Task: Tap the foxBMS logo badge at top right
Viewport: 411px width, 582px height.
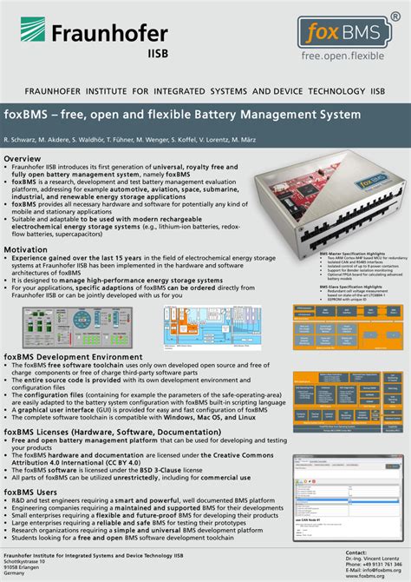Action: [x=342, y=33]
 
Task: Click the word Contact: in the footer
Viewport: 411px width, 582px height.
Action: [x=356, y=552]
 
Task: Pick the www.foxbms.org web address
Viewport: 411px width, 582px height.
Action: [x=366, y=575]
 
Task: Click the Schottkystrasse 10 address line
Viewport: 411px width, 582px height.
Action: [x=25, y=563]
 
